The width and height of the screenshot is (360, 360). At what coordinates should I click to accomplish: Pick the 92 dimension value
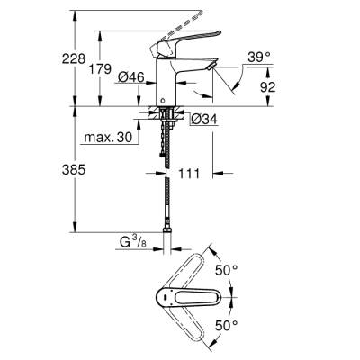267,88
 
